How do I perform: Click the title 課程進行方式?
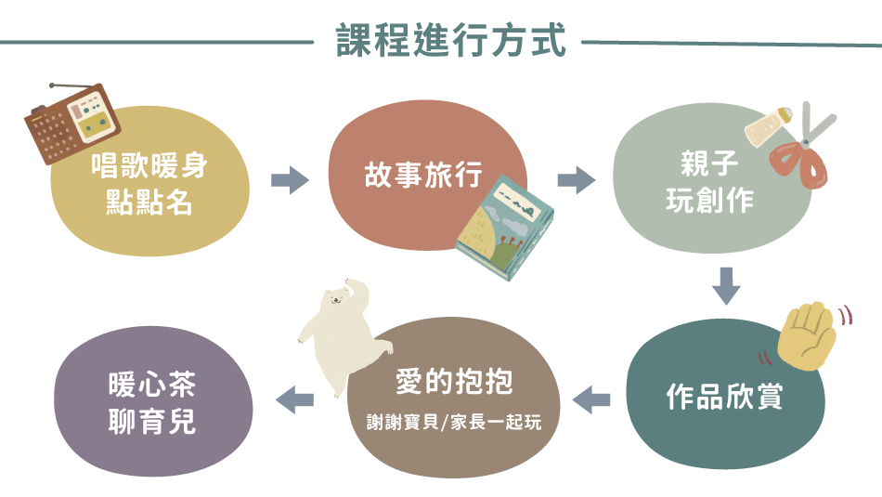[x=450, y=40]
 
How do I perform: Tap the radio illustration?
[x=72, y=123]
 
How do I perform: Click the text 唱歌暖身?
[x=149, y=165]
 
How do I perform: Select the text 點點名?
[x=149, y=202]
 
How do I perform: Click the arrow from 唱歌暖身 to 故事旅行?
[x=290, y=180]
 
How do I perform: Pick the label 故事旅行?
[x=423, y=175]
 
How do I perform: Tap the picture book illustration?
[x=504, y=228]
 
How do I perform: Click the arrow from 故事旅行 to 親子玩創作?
[x=576, y=180]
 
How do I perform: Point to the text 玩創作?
[x=710, y=201]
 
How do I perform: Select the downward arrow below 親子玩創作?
[x=726, y=286]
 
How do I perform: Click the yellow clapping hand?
[x=806, y=336]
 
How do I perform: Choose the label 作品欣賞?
[x=724, y=397]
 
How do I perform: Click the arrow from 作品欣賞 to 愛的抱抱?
[x=591, y=399]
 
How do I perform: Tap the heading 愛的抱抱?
[x=455, y=382]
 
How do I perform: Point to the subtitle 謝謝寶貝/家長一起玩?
[x=454, y=422]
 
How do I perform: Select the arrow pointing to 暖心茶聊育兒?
[x=294, y=399]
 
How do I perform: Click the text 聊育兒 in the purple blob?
[x=152, y=421]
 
